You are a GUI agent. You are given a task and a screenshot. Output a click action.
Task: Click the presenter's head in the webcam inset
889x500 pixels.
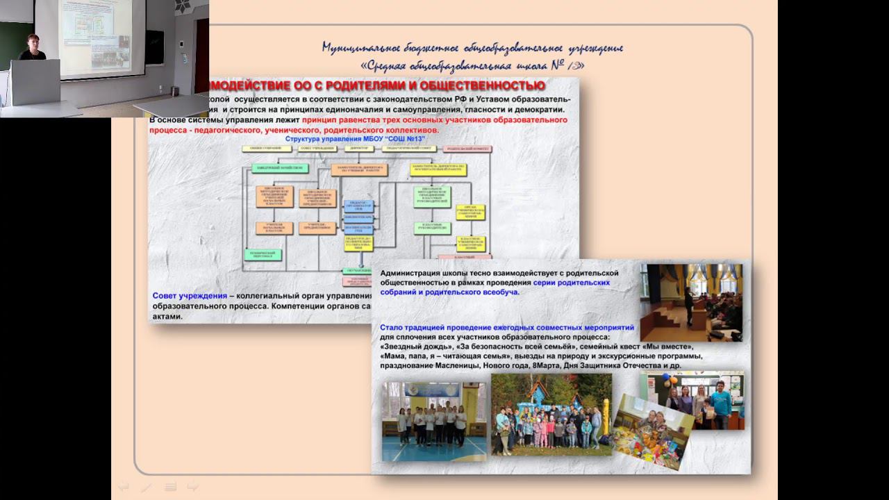click(x=32, y=42)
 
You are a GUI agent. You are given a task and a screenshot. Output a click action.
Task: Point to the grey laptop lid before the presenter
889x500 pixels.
click(x=35, y=81)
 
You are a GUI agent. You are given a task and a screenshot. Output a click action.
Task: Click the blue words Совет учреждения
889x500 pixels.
click(x=190, y=296)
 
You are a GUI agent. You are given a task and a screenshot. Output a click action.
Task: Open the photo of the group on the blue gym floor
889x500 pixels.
click(x=434, y=422)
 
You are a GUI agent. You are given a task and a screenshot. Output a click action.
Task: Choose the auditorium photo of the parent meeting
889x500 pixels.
click(x=691, y=302)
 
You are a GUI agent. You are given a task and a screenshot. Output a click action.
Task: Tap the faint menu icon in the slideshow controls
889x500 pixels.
click(x=170, y=487)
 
